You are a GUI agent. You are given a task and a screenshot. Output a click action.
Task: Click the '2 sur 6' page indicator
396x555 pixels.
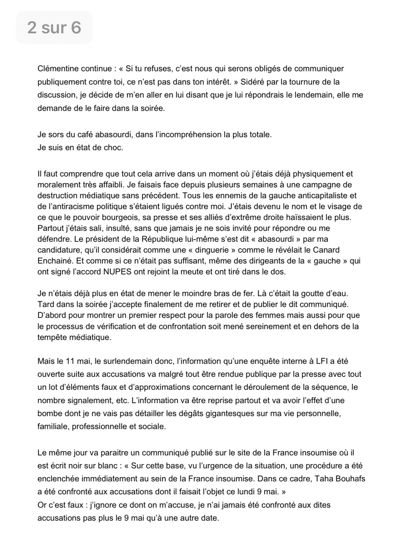coord(54,27)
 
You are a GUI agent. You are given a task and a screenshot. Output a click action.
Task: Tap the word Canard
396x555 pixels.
coord(330,250)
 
